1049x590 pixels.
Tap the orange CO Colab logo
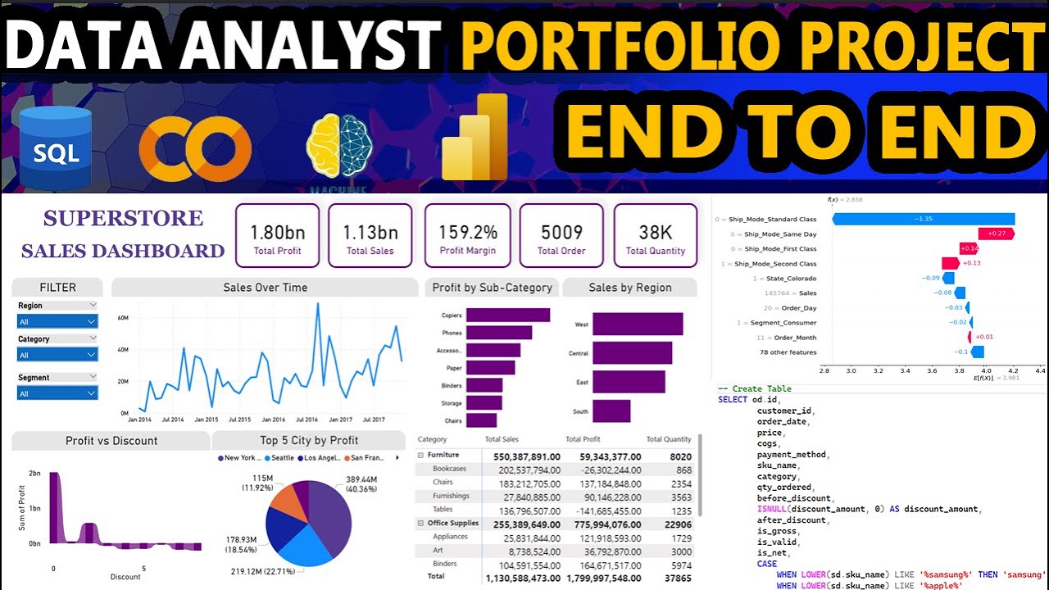coord(194,146)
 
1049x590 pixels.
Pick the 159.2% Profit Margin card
coord(467,235)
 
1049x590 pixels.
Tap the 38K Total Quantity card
coord(656,235)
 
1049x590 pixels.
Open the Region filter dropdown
coord(57,322)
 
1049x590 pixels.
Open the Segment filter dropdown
coord(57,393)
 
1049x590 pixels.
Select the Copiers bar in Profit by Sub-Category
coord(507,315)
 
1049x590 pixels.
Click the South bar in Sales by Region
coord(611,411)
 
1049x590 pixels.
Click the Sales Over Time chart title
coord(266,288)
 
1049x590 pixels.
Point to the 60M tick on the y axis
coord(124,318)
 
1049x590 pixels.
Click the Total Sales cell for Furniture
coord(522,455)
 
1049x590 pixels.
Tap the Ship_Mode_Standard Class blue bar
coord(923,219)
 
